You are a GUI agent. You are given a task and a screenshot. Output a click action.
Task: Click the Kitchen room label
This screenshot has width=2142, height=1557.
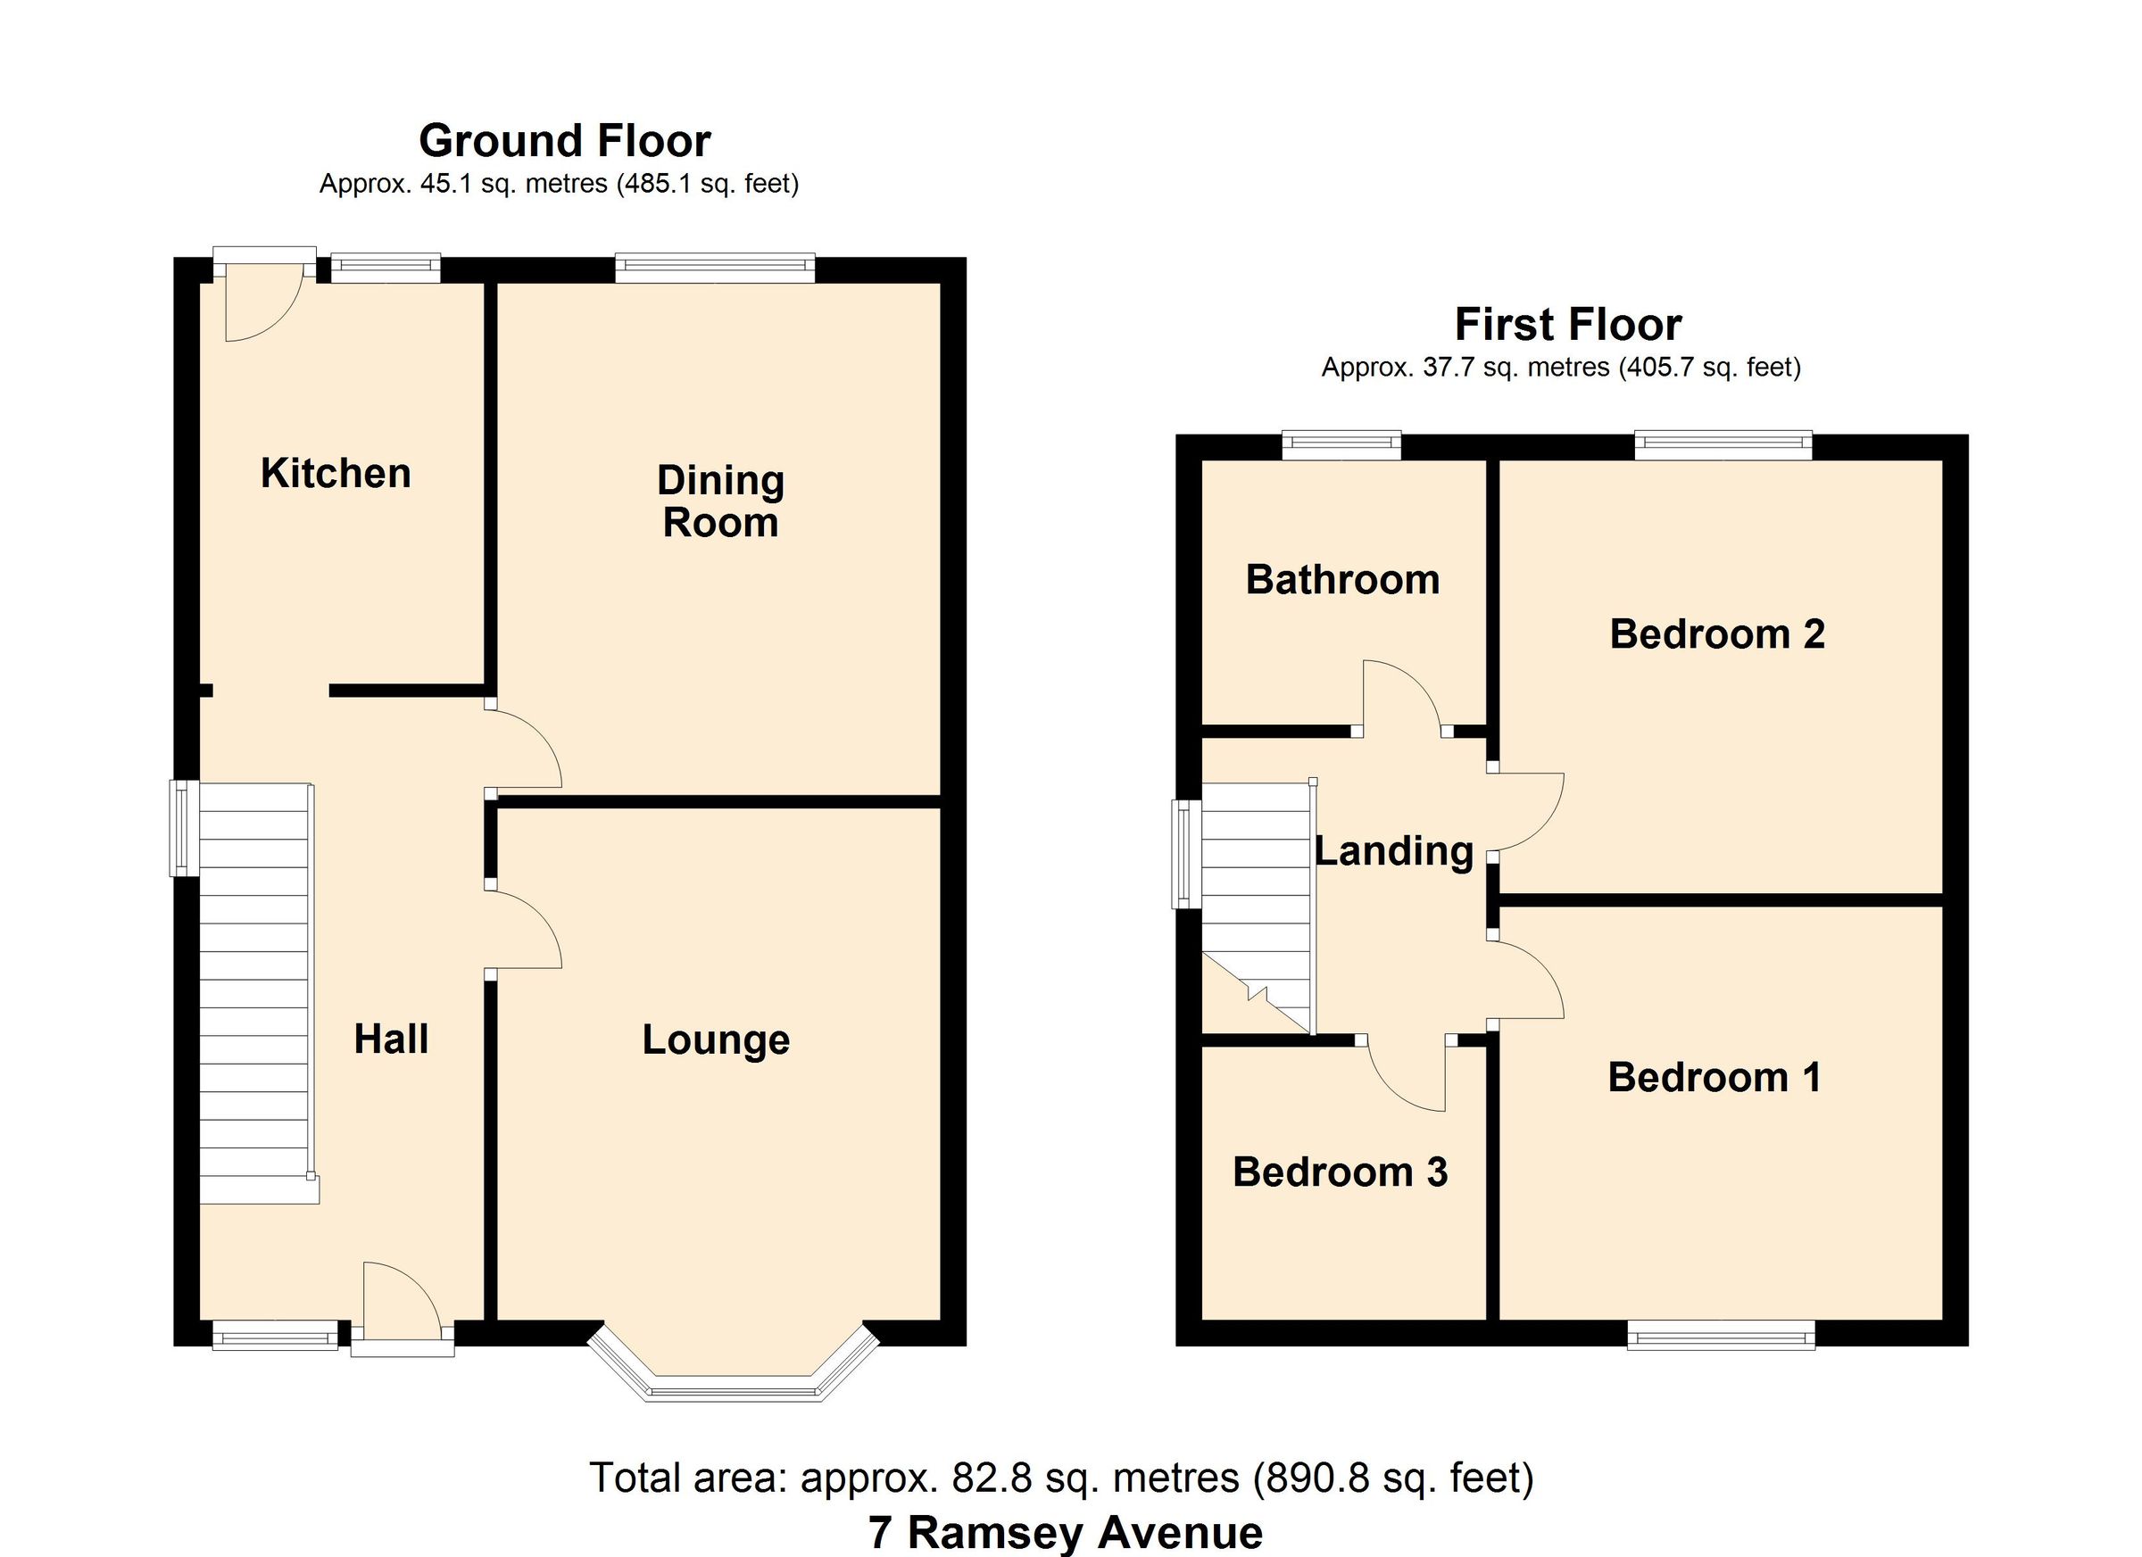click(336, 473)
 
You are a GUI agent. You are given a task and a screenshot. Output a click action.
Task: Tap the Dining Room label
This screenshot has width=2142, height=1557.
click(720, 501)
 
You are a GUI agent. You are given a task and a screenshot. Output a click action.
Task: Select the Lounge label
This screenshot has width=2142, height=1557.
click(716, 1039)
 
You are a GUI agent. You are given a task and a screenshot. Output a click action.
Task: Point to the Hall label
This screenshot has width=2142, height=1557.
click(391, 1039)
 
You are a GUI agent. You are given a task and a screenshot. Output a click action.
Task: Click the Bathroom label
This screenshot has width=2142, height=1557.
click(1342, 579)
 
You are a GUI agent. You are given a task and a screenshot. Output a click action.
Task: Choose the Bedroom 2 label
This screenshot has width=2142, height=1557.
click(1716, 634)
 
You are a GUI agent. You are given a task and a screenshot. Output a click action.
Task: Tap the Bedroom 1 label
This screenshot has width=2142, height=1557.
click(1714, 1077)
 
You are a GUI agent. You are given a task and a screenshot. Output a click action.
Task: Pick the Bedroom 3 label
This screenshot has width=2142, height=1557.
click(1340, 1172)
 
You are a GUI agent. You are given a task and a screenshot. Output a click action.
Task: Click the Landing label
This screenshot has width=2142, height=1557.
click(1394, 850)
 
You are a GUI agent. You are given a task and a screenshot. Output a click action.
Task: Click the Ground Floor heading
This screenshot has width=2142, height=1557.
click(565, 141)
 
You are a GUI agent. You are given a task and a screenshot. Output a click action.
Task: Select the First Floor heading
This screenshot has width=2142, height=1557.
click(1568, 325)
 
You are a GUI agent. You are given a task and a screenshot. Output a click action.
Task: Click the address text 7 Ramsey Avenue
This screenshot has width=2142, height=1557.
click(1065, 1532)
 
